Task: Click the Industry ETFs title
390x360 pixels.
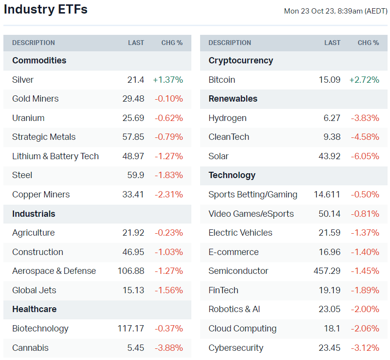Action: [46, 9]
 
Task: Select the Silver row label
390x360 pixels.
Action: [23, 80]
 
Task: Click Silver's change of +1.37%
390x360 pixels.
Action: [168, 80]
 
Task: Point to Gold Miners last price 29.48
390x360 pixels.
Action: [133, 99]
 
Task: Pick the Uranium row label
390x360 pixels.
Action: [28, 118]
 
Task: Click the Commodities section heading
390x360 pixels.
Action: [39, 60]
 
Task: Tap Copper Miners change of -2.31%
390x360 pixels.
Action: [169, 195]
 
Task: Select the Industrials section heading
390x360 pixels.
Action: [33, 214]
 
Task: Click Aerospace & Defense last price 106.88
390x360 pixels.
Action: [131, 271]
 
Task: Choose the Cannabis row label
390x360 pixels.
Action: [30, 348]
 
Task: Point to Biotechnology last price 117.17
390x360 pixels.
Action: [131, 329]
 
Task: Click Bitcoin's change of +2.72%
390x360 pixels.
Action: [364, 80]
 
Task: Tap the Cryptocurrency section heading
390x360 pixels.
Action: [240, 60]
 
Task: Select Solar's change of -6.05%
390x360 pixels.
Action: [365, 156]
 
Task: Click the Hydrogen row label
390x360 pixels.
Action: [227, 118]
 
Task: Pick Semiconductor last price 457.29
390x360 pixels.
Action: [327, 271]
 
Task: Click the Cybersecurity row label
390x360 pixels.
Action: [235, 348]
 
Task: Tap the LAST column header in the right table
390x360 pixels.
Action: [332, 43]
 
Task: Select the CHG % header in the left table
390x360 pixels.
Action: [172, 43]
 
